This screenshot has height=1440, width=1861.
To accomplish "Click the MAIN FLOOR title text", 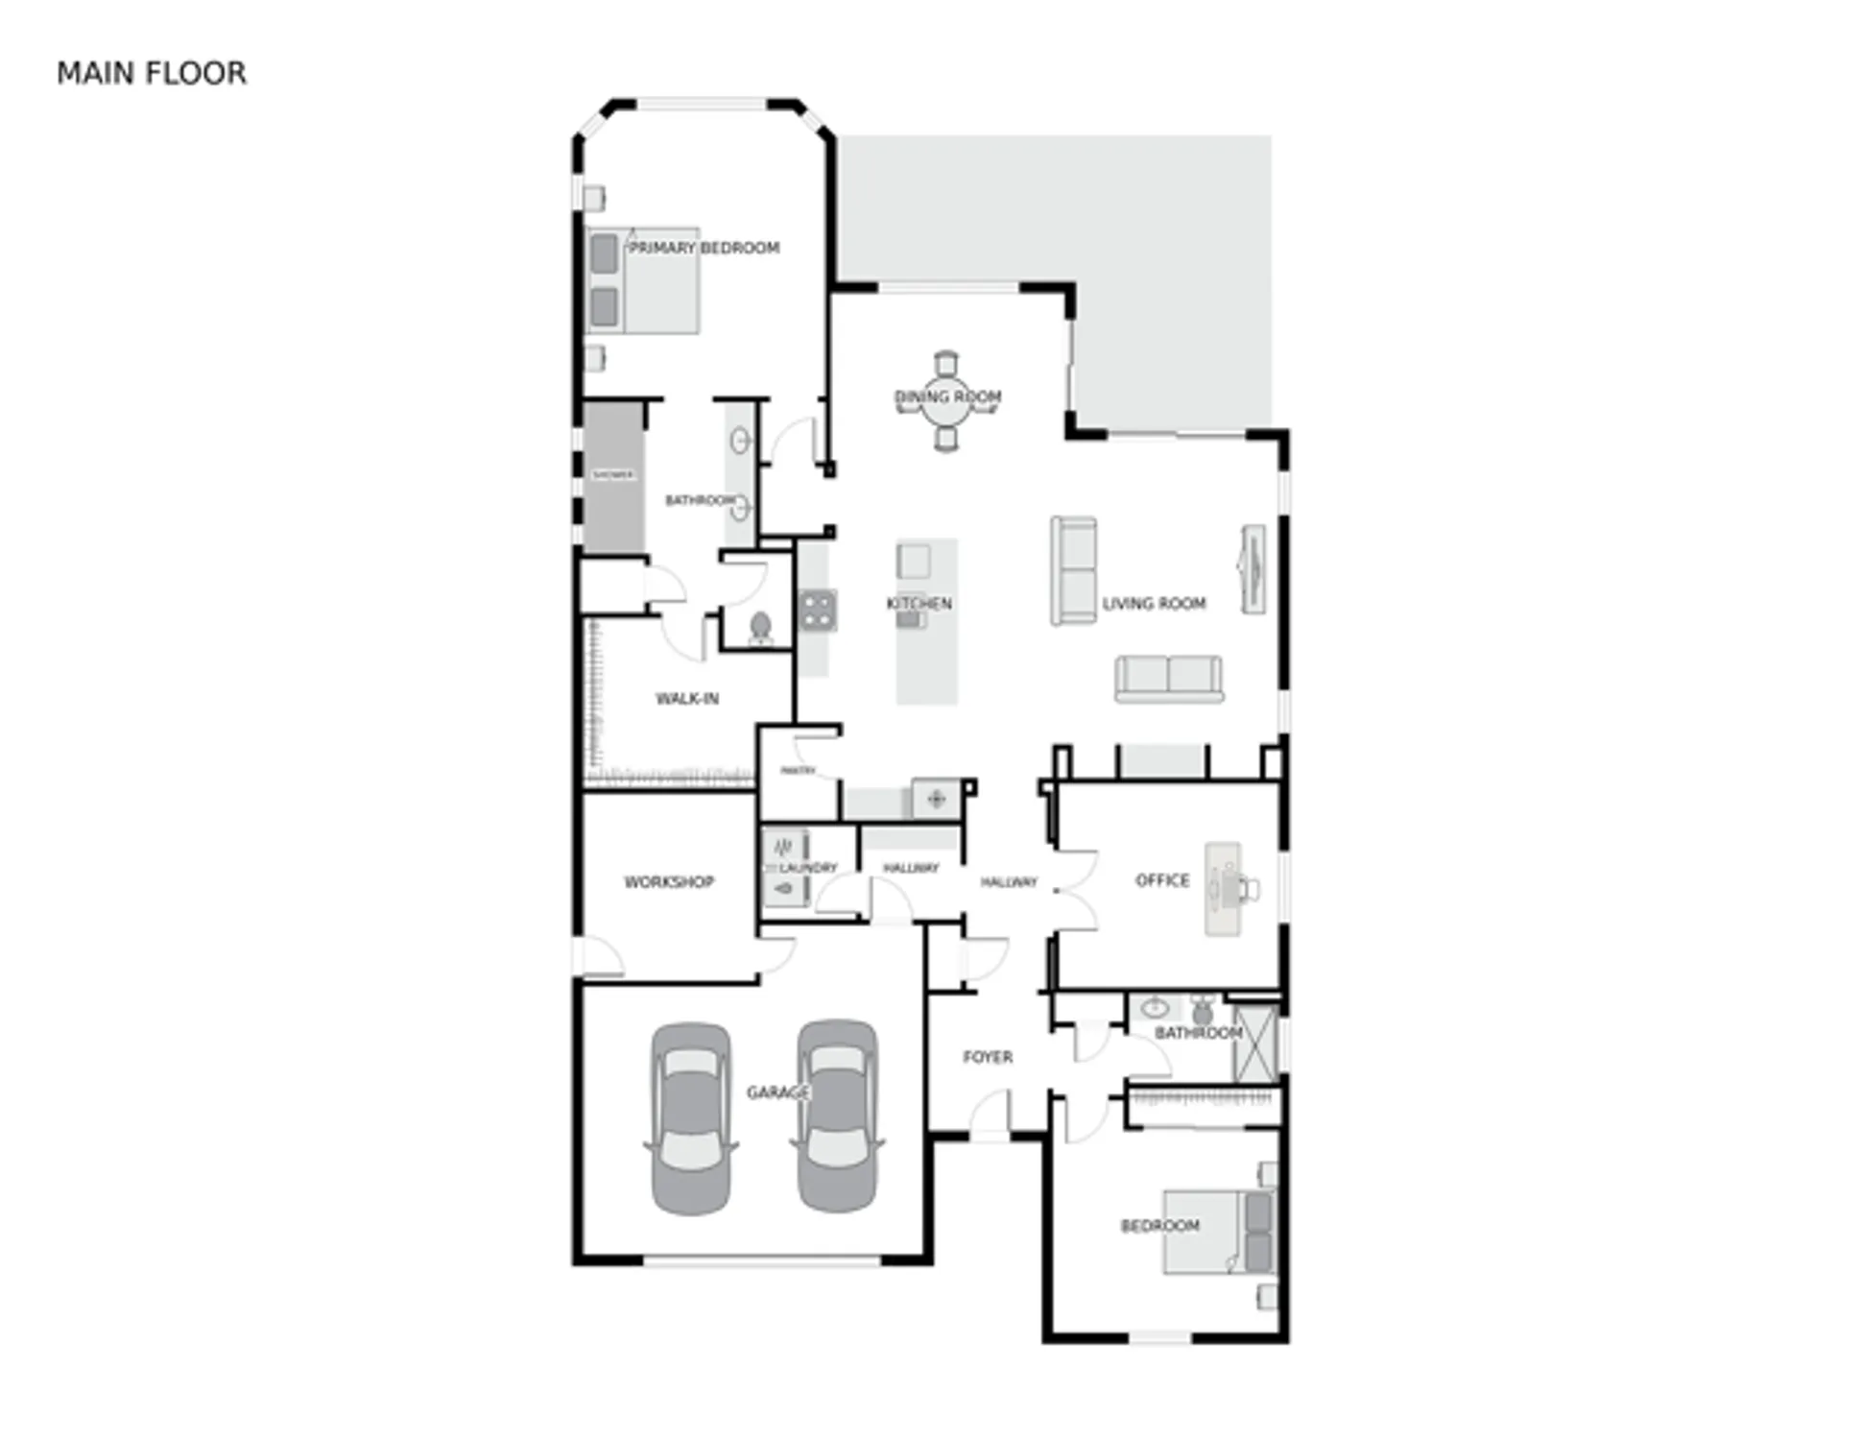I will click(152, 73).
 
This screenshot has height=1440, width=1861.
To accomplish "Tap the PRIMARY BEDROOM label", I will click(704, 248).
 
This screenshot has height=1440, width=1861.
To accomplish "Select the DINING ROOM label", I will click(947, 396).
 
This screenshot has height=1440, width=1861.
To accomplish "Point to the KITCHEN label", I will click(919, 603).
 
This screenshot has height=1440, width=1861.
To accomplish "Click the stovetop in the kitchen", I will click(818, 610).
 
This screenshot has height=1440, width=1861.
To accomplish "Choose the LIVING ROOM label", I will click(1154, 603).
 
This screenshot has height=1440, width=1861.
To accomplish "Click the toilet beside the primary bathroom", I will click(760, 628).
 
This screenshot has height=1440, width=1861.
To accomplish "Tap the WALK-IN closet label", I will click(687, 698).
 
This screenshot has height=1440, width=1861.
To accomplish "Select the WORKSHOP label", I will click(669, 881).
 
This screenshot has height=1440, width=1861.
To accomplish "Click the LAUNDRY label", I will click(808, 867).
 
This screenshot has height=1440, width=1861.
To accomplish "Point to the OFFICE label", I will click(1162, 879).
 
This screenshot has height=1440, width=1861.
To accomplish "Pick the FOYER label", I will click(988, 1056).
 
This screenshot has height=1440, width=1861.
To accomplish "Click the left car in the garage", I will click(691, 1118).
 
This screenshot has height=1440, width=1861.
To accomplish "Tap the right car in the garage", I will click(837, 1116).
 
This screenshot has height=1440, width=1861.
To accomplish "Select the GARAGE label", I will click(777, 1092).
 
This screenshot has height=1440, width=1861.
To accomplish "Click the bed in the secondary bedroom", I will click(1217, 1233).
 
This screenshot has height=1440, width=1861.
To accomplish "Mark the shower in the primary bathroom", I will click(613, 477).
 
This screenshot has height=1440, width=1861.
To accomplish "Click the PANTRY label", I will click(798, 770).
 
